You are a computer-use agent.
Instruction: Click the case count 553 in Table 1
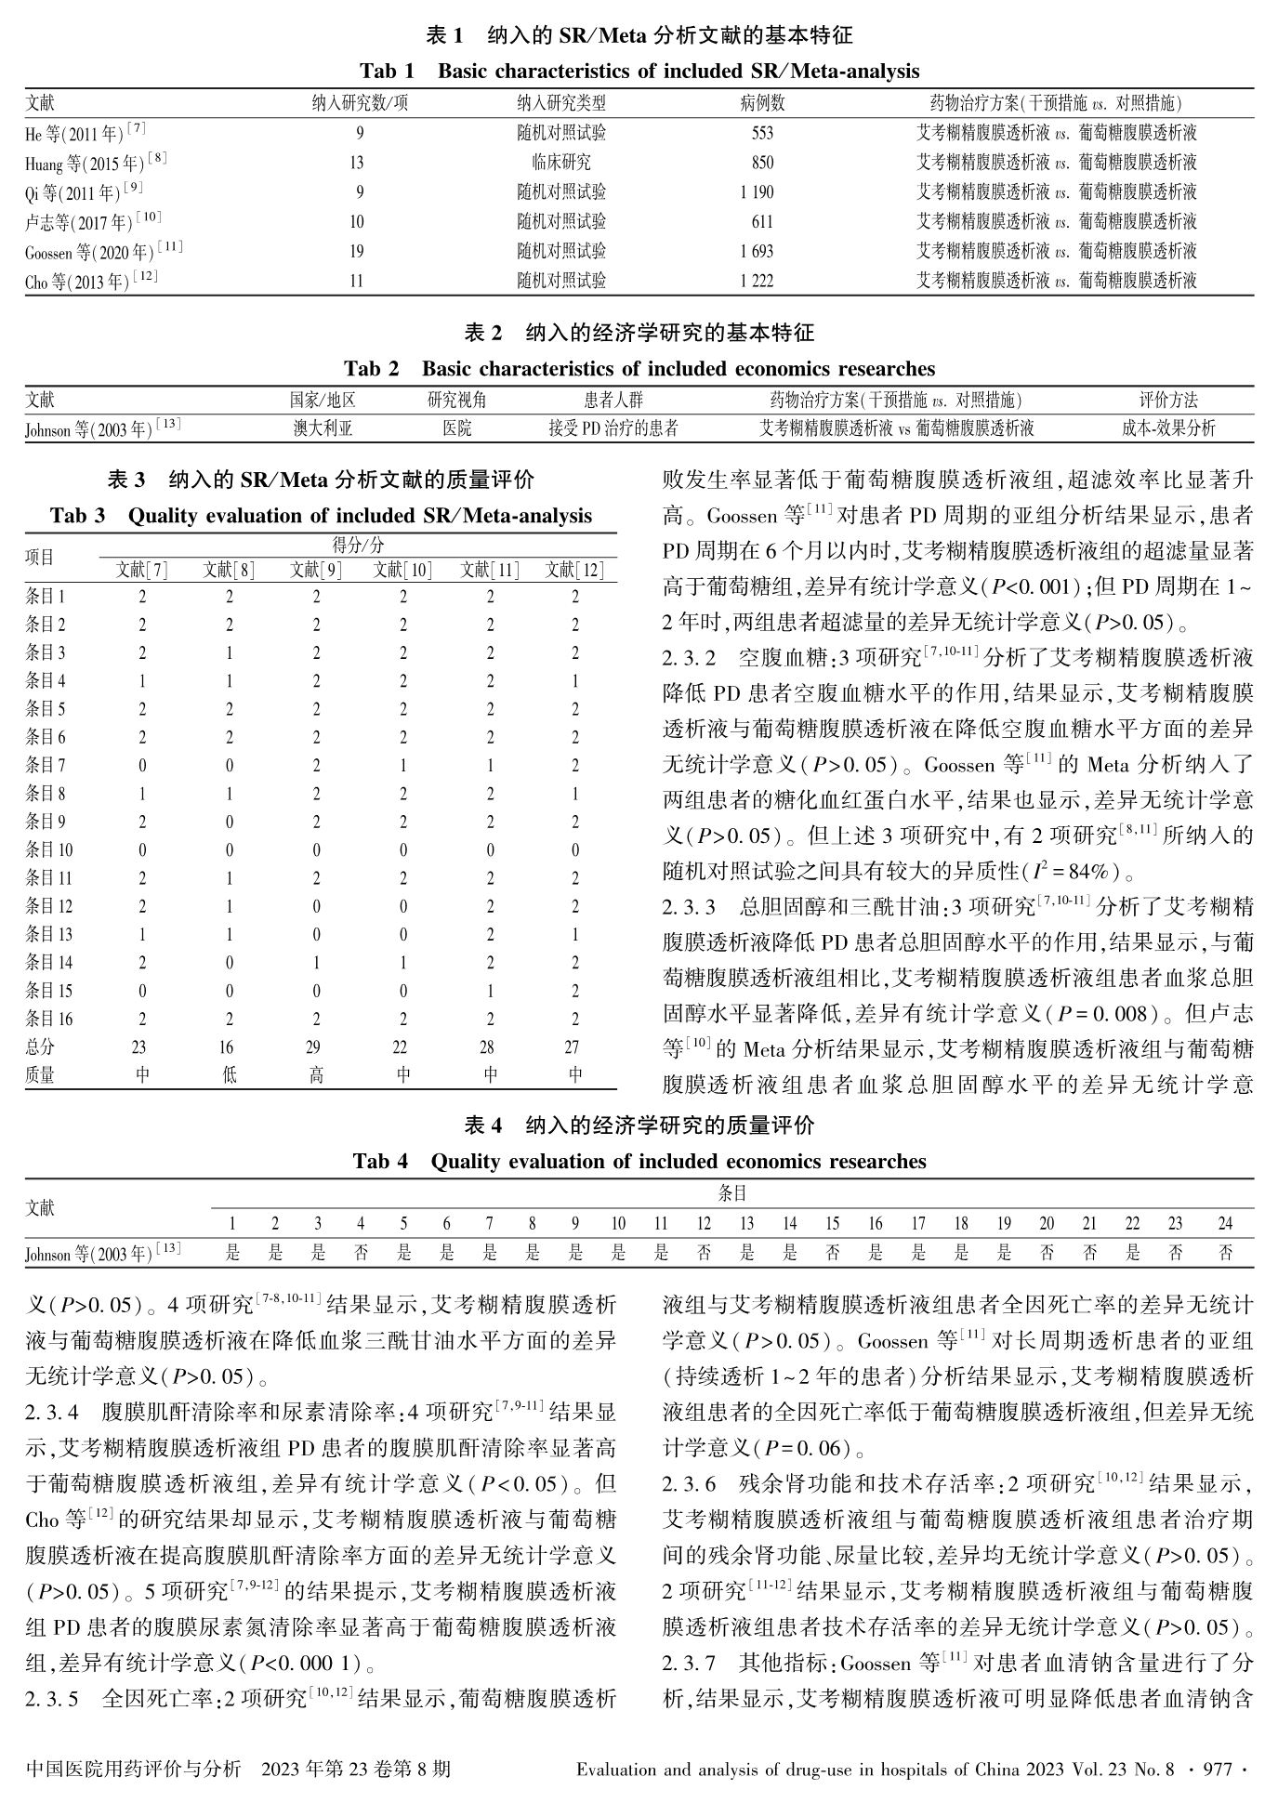pos(762,133)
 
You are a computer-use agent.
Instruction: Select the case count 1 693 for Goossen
pos(757,251)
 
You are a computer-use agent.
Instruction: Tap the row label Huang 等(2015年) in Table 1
pos(96,163)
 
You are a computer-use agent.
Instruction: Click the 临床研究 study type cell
pos(560,163)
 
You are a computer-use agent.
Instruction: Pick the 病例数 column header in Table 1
pos(762,103)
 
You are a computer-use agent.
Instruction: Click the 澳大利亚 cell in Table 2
pos(323,428)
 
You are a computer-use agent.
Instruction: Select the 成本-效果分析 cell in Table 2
pos(1168,428)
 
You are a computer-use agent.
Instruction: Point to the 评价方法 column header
pos(1168,400)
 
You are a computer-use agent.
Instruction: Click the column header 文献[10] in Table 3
pos(402,570)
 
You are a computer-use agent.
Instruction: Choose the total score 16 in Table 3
pos(229,1046)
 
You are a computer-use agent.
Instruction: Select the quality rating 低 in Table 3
pos(229,1075)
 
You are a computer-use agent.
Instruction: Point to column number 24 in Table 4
pos(1225,1224)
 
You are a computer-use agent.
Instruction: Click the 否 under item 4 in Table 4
pos(361,1253)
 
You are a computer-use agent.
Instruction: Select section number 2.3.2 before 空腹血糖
pos(689,659)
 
